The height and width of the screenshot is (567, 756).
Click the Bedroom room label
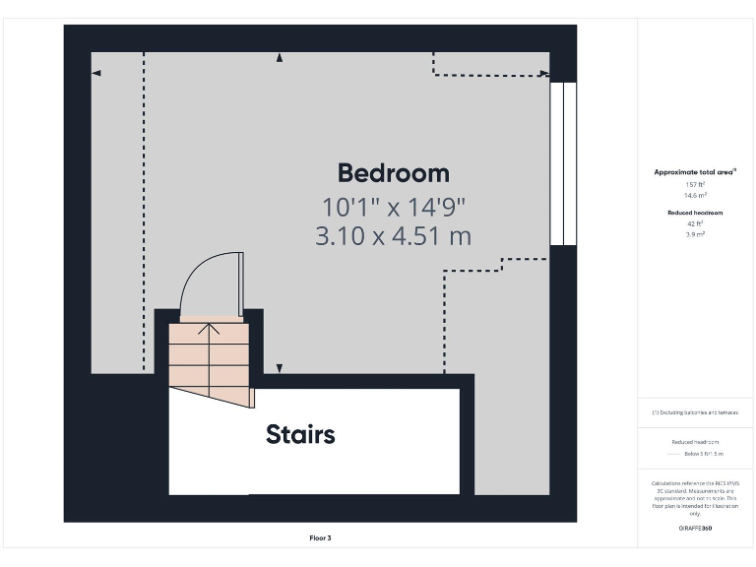point(393,173)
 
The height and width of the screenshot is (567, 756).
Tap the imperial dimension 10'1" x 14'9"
point(393,207)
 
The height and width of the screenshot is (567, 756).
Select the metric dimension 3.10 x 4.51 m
point(393,236)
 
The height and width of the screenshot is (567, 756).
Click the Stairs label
point(300,434)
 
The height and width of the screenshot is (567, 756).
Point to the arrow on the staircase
point(209,329)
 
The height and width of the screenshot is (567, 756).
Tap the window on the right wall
point(563,163)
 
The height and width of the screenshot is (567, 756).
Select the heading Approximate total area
point(695,172)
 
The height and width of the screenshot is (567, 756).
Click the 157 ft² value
point(695,184)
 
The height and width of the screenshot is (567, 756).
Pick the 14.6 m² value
point(695,195)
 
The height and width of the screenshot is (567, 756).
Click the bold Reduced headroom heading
point(695,213)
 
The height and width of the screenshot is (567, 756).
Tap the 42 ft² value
point(695,223)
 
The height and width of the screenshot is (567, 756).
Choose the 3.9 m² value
point(695,234)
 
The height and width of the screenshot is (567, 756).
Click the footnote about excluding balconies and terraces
point(695,412)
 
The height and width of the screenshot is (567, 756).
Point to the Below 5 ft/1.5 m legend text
point(704,454)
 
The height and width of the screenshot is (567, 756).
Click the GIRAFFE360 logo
point(695,529)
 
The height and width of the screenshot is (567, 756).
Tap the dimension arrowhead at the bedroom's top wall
point(280,58)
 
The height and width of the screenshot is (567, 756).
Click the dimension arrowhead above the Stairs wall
point(280,368)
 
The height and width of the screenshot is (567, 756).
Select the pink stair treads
point(208,354)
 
